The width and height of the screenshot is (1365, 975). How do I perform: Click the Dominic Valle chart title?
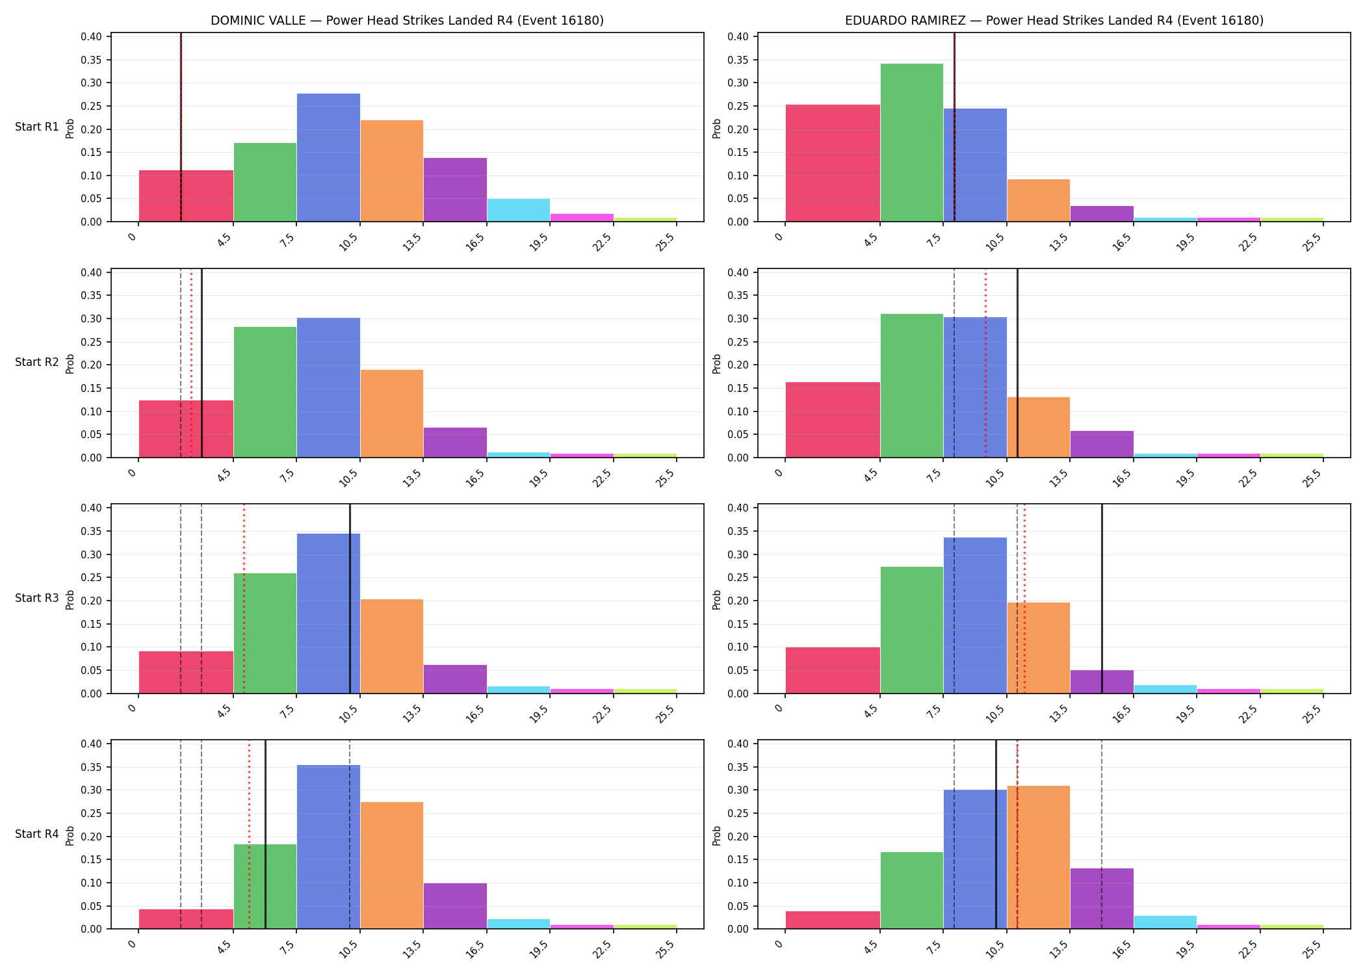407,20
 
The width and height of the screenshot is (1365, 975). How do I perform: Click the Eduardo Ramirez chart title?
1054,20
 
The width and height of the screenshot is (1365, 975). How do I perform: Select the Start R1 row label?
37,127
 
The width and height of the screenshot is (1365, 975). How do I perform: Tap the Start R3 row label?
37,598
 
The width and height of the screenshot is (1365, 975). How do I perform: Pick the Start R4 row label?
37,834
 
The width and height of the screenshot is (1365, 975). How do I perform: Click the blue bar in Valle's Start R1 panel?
328,157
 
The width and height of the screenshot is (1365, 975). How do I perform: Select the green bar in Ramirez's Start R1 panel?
911,142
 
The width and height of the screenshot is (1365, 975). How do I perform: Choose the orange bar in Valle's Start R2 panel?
392,413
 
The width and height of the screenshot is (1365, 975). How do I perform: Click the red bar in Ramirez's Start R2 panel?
833,420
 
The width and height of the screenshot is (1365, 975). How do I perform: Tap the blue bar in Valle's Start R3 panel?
328,614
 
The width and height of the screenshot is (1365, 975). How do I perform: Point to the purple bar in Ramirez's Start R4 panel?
1102,898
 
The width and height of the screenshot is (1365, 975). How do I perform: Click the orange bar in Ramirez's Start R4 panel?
1038,857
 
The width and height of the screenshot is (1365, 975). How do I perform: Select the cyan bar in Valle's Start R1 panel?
519,210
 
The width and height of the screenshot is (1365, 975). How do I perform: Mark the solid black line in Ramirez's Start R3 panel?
1102,599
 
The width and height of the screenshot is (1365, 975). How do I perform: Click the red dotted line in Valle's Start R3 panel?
244,599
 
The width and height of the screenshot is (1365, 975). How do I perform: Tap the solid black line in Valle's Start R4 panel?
265,835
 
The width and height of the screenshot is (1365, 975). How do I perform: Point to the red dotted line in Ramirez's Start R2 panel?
985,363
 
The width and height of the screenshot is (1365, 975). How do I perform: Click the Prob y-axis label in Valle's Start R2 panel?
70,363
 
